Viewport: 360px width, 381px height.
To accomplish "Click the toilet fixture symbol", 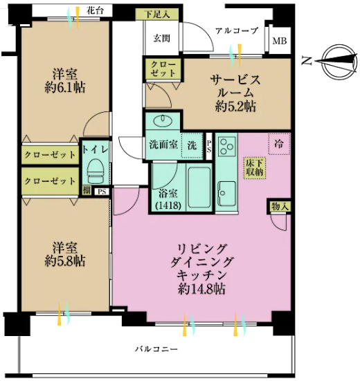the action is click(x=96, y=171).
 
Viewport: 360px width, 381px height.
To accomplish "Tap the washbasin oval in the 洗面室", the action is click(x=163, y=121).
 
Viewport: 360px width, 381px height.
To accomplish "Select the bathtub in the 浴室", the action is click(x=199, y=187).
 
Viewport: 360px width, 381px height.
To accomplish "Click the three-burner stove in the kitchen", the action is click(x=227, y=146).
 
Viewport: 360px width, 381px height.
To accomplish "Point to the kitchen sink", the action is click(x=226, y=193).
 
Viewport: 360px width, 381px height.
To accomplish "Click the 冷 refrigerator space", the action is click(x=279, y=144).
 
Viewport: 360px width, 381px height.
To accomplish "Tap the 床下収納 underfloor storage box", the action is click(x=255, y=168).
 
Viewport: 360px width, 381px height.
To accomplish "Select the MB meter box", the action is click(x=280, y=41).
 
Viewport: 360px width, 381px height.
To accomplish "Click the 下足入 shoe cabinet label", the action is click(x=157, y=15).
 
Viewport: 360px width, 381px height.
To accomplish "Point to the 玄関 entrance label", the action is click(x=161, y=38).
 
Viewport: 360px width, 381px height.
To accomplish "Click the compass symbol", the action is click(x=338, y=61).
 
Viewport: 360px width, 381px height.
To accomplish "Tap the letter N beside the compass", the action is click(x=307, y=60).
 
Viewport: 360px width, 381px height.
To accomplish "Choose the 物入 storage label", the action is click(x=280, y=207).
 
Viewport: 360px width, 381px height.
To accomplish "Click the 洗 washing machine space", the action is click(x=192, y=145).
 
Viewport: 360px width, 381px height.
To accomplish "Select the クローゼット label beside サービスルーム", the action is click(x=163, y=69).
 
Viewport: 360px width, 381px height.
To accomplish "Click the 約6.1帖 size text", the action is click(x=65, y=88).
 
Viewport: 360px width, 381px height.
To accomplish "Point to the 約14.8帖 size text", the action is click(x=201, y=289).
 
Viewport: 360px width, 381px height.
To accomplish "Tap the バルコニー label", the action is click(x=156, y=349).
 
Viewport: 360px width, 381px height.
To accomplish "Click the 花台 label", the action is click(x=95, y=11).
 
